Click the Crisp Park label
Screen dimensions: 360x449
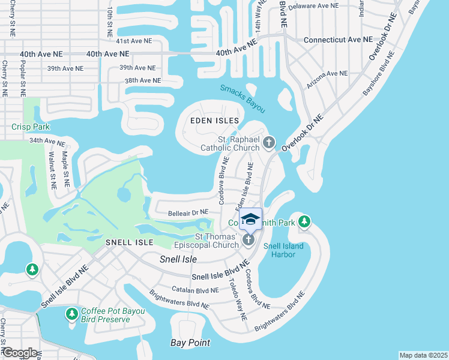click(x=30, y=127)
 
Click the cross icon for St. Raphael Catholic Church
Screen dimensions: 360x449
click(x=269, y=143)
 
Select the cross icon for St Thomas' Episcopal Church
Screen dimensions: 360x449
click(x=249, y=241)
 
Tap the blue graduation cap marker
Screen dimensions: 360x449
click(x=250, y=219)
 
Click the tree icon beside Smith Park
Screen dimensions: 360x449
click(x=305, y=222)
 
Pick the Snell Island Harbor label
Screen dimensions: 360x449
click(x=285, y=250)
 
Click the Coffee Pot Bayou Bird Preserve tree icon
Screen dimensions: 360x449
click(x=72, y=314)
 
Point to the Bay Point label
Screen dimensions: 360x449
click(x=190, y=343)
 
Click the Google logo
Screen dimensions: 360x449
click(x=19, y=353)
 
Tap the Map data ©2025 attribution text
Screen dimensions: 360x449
click(x=423, y=355)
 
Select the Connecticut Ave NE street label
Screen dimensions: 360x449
click(x=338, y=40)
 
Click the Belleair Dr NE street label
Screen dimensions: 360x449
click(x=188, y=212)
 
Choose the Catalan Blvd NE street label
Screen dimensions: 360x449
click(x=194, y=290)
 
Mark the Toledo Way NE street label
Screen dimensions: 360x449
click(x=237, y=298)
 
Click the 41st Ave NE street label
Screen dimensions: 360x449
click(x=134, y=41)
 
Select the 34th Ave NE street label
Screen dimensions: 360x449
click(x=46, y=142)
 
